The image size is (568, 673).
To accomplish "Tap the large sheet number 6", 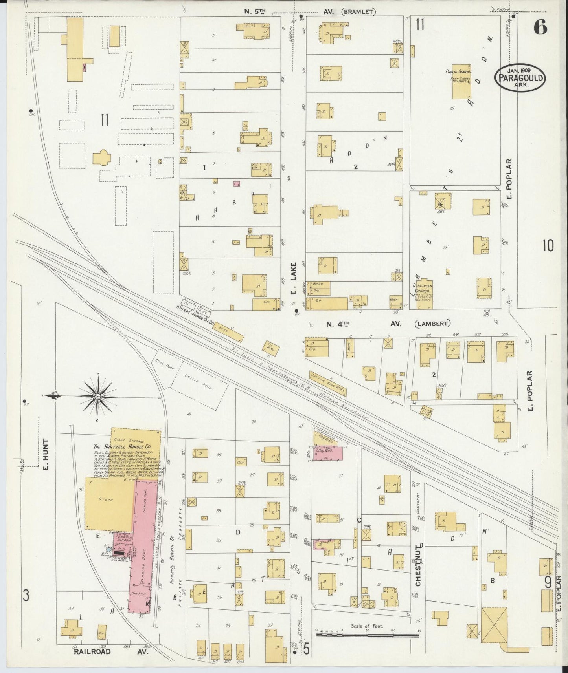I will click(541, 27).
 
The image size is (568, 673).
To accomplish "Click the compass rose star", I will click(97, 397).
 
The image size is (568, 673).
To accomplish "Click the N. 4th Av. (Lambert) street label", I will click(387, 324).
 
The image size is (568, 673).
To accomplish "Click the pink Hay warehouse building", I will click(327, 453).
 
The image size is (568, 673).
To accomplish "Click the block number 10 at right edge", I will click(548, 246).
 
